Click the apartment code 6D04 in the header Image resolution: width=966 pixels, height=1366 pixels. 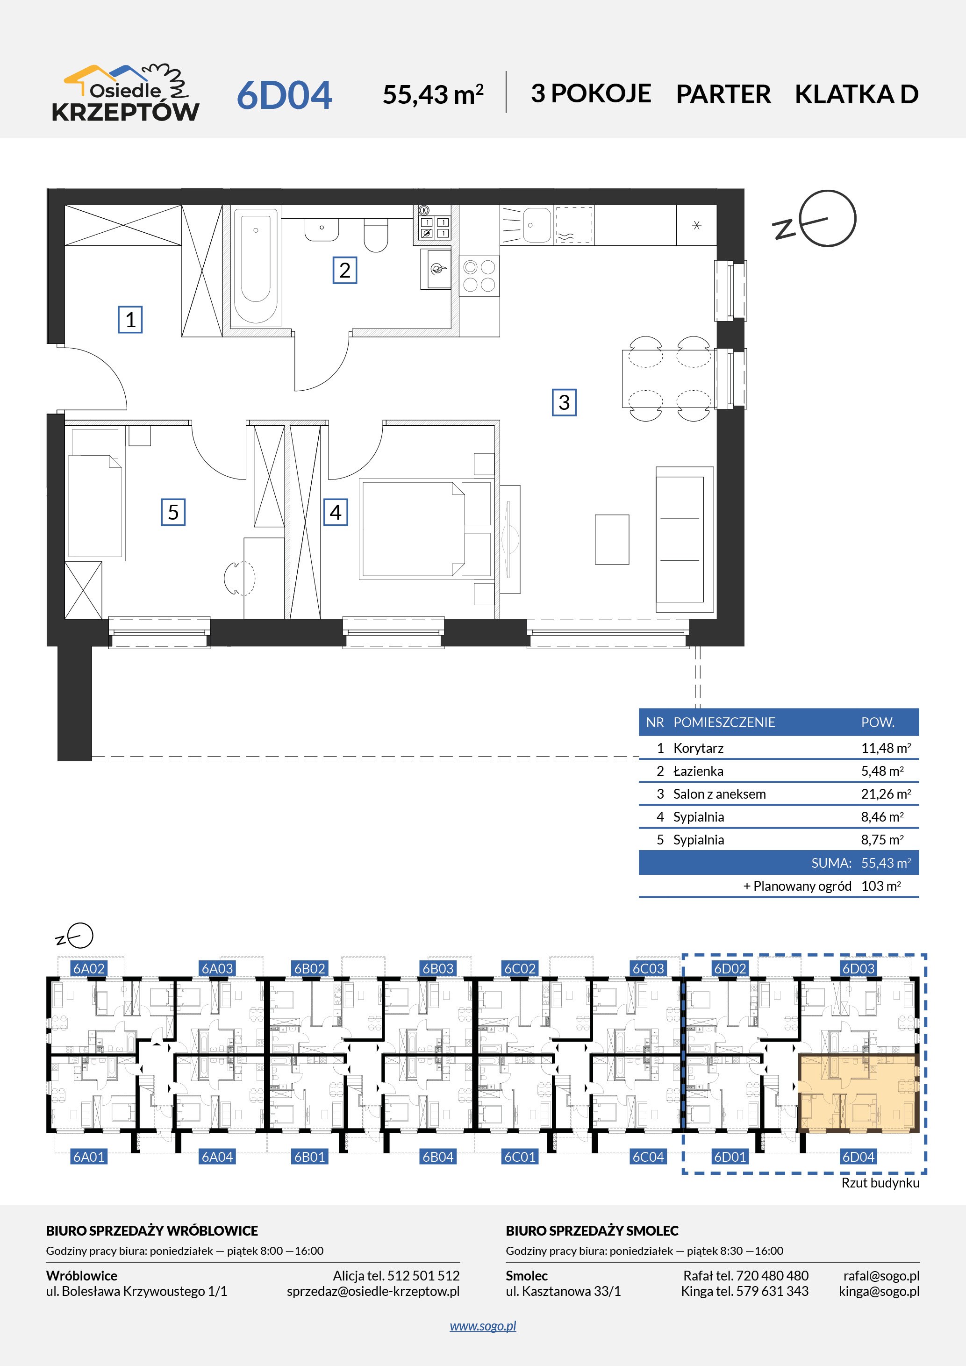tap(284, 95)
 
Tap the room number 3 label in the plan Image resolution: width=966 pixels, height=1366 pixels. tap(564, 402)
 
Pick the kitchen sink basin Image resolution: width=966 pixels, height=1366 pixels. tap(537, 225)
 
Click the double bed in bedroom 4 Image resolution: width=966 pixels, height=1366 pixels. tap(426, 529)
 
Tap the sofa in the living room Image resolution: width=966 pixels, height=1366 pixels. tap(685, 540)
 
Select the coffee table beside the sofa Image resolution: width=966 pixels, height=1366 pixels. tap(611, 539)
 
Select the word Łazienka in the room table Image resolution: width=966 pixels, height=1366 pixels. tap(698, 771)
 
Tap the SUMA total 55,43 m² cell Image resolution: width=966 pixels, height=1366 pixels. tap(886, 863)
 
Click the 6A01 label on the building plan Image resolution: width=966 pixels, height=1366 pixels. tap(89, 1157)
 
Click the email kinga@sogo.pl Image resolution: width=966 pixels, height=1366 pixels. tap(879, 1291)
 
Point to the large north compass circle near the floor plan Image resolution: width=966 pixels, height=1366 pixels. tap(827, 218)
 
